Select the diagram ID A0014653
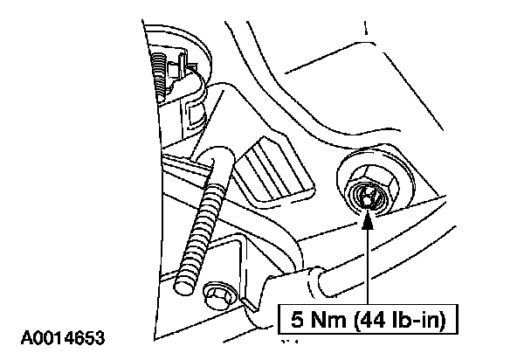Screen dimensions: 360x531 pyautogui.click(x=60, y=335)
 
